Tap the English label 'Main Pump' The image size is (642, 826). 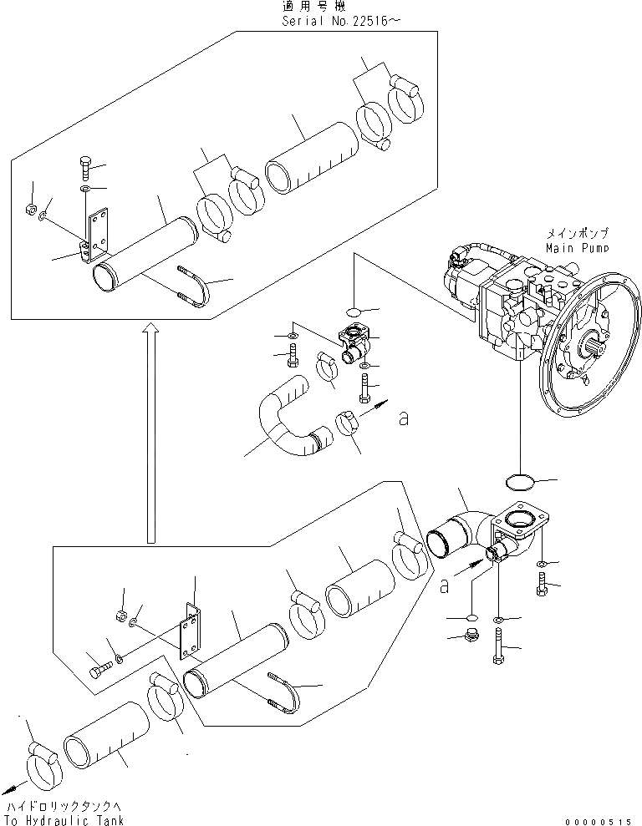pyautogui.click(x=577, y=247)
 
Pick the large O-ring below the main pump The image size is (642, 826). pyautogui.click(x=519, y=482)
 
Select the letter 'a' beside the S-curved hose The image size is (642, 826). pyautogui.click(x=404, y=418)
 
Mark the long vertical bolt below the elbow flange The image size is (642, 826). pyautogui.click(x=499, y=648)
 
